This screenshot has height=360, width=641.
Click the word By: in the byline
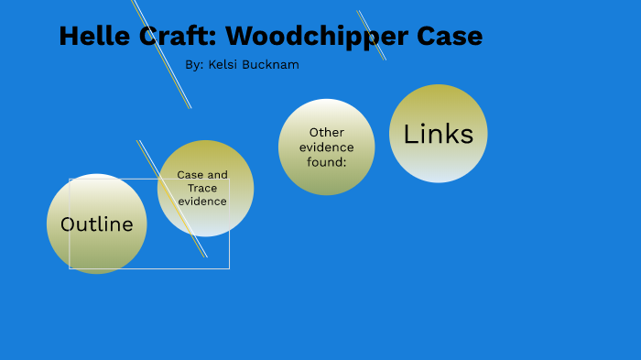194,65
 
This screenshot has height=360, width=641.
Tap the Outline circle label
96,224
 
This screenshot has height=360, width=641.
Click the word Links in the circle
438,135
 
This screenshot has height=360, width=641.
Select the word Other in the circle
326,133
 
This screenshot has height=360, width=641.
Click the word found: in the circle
326,162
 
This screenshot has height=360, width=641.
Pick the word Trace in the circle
202,188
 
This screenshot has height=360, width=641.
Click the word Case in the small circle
190,175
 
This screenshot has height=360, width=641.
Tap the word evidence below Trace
202,201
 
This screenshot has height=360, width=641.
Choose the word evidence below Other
326,147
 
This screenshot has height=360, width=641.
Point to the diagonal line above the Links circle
372,36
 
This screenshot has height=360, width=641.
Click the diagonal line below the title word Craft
174,78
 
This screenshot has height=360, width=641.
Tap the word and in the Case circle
218,175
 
